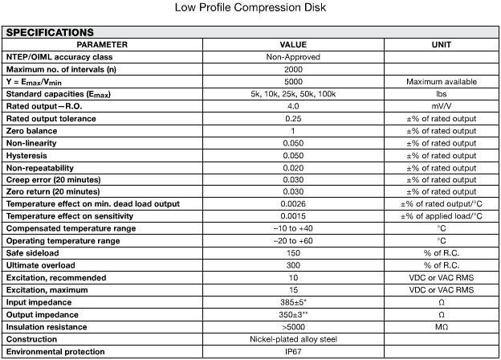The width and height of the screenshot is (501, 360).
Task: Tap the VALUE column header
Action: pos(293,44)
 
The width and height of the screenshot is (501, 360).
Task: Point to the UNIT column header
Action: pos(441,44)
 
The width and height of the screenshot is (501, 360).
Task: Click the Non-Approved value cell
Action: pos(293,57)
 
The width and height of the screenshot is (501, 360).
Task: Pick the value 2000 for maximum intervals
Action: pos(293,69)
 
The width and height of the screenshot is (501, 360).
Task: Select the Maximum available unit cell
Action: pos(441,81)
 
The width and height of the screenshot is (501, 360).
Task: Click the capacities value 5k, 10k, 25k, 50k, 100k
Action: pos(293,94)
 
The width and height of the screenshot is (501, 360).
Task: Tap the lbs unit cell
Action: pos(441,94)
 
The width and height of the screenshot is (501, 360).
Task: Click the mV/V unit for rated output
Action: pos(441,106)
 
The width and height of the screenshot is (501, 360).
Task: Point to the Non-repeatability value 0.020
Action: pos(293,167)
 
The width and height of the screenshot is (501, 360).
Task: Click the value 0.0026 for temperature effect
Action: pos(293,204)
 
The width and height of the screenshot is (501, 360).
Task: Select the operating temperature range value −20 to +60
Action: pos(293,241)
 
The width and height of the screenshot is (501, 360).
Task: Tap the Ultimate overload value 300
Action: pos(293,265)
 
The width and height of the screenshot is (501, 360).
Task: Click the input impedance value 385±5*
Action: pos(293,302)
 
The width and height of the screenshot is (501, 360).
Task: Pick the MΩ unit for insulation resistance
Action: pos(441,327)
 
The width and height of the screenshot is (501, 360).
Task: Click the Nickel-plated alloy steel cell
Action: pos(293,339)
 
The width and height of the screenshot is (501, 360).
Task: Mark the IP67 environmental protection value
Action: pos(293,351)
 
